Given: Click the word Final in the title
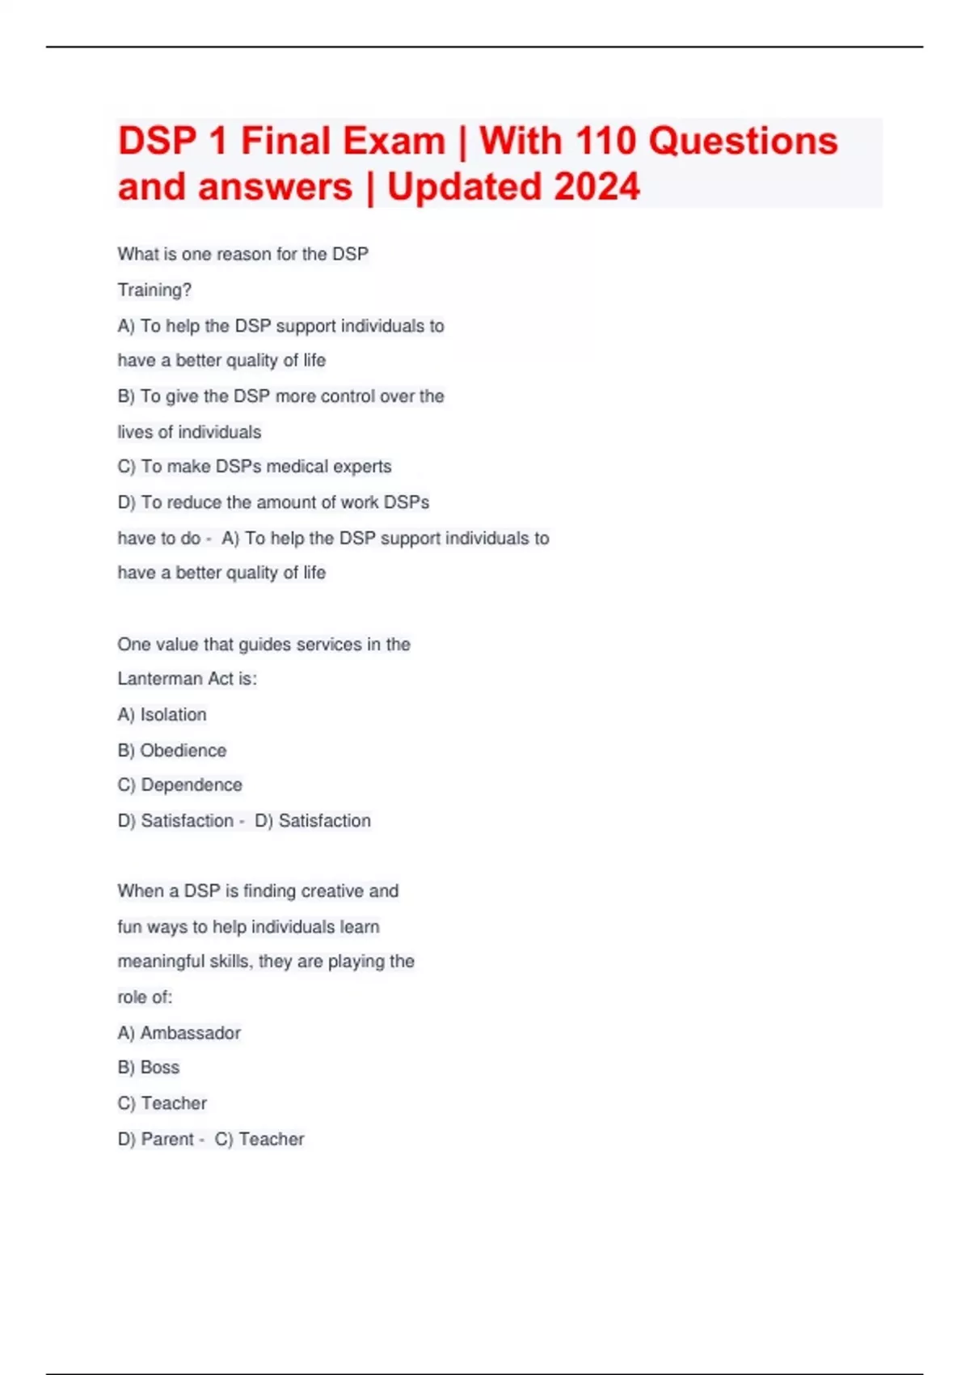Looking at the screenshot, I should pyautogui.click(x=286, y=141).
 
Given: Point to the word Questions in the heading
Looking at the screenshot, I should pyautogui.click(x=744, y=141).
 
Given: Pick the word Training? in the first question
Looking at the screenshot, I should pyautogui.click(x=154, y=290).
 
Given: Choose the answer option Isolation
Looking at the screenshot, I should pyautogui.click(x=173, y=715).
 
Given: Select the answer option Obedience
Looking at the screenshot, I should pyautogui.click(x=183, y=751).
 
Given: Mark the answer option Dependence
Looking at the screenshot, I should pyautogui.click(x=192, y=785).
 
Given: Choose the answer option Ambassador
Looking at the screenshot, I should pyautogui.click(x=190, y=1033).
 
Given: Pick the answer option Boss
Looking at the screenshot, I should pyautogui.click(x=160, y=1068).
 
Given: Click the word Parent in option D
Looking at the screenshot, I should pyautogui.click(x=167, y=1140).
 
